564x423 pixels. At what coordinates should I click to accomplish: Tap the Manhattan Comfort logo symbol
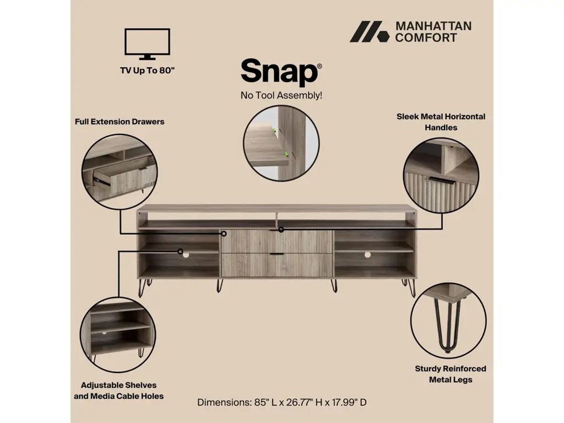[370, 31]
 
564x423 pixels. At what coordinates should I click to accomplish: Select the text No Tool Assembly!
[281, 95]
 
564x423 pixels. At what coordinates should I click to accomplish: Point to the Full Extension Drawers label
[120, 122]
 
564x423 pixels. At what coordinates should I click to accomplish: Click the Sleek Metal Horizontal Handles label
[441, 122]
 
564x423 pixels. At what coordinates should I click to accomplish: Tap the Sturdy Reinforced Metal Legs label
[451, 374]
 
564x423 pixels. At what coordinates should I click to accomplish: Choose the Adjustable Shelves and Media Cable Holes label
[119, 391]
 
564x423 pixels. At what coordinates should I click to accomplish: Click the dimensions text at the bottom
[281, 402]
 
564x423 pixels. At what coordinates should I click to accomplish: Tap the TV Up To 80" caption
[147, 70]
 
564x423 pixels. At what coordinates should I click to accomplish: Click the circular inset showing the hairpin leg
[448, 321]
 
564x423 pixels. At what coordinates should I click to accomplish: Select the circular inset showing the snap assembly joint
[281, 143]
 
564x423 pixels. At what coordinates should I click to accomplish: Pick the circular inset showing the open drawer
[120, 172]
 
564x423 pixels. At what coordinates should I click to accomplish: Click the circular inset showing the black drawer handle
[441, 176]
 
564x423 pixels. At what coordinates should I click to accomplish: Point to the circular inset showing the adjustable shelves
[118, 334]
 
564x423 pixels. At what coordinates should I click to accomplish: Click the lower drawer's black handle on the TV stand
[276, 254]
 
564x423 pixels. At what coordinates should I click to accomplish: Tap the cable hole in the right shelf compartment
[367, 254]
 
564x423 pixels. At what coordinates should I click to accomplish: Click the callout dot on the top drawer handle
[281, 230]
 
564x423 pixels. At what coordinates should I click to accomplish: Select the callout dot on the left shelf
[180, 251]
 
